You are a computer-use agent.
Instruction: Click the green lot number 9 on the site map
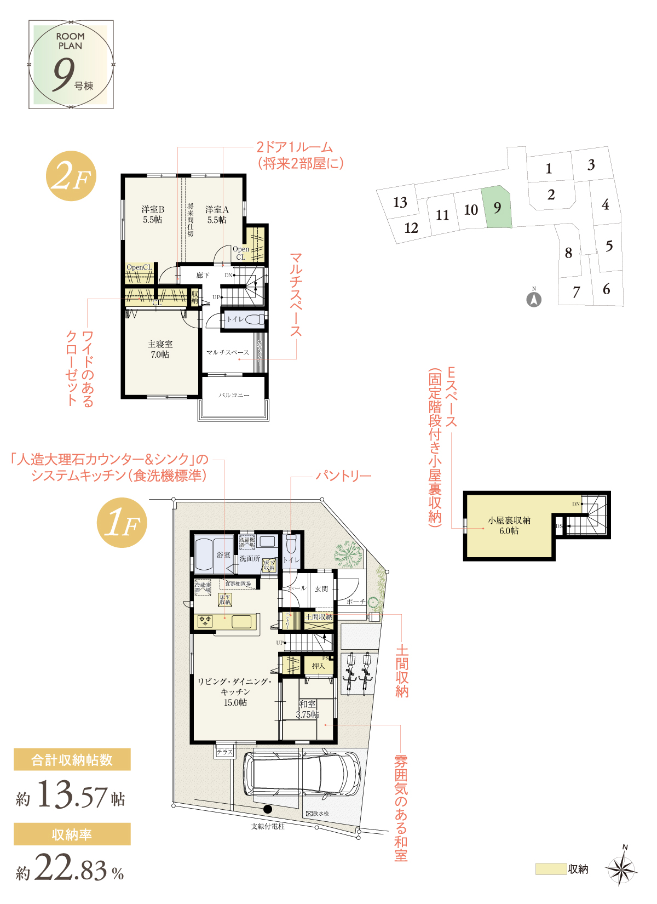(497, 208)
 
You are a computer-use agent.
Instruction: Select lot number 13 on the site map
(400, 203)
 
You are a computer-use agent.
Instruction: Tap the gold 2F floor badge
(71, 176)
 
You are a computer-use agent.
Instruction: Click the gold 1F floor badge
(122, 523)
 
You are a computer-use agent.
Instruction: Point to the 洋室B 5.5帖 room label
(153, 214)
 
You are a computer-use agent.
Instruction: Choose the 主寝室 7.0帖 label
(160, 349)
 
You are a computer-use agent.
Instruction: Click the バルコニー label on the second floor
(234, 395)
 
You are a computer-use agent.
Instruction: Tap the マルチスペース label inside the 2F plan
(227, 352)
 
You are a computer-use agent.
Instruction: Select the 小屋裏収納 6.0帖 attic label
(509, 525)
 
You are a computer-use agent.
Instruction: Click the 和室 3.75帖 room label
(307, 709)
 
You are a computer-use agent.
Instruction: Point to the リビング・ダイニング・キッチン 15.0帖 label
(235, 692)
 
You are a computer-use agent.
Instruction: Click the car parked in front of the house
(302, 775)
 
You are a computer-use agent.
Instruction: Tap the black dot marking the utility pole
(268, 809)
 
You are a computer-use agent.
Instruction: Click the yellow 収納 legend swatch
(551, 869)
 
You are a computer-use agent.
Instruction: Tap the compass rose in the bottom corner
(622, 868)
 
